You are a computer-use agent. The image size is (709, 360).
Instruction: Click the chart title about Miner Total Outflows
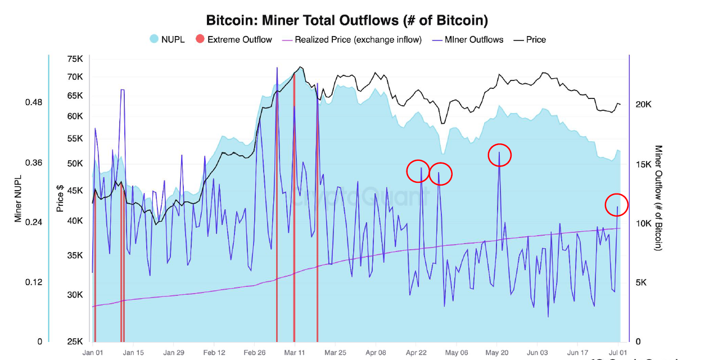[346, 21]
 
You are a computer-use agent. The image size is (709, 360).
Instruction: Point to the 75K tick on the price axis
[75, 59]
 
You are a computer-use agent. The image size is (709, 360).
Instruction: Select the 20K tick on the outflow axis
[643, 105]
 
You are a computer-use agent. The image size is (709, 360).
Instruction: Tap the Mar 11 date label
[294, 353]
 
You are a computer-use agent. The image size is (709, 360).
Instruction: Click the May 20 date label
[497, 353]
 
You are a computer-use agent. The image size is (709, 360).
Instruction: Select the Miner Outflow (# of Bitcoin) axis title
[658, 198]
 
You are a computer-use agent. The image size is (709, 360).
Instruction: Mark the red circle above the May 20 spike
[500, 155]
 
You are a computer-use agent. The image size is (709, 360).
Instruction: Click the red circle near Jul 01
[616, 205]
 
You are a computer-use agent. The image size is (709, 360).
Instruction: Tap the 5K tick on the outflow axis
[642, 283]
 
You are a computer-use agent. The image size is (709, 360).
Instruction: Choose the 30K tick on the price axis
[75, 295]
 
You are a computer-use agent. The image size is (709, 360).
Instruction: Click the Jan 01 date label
[92, 353]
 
